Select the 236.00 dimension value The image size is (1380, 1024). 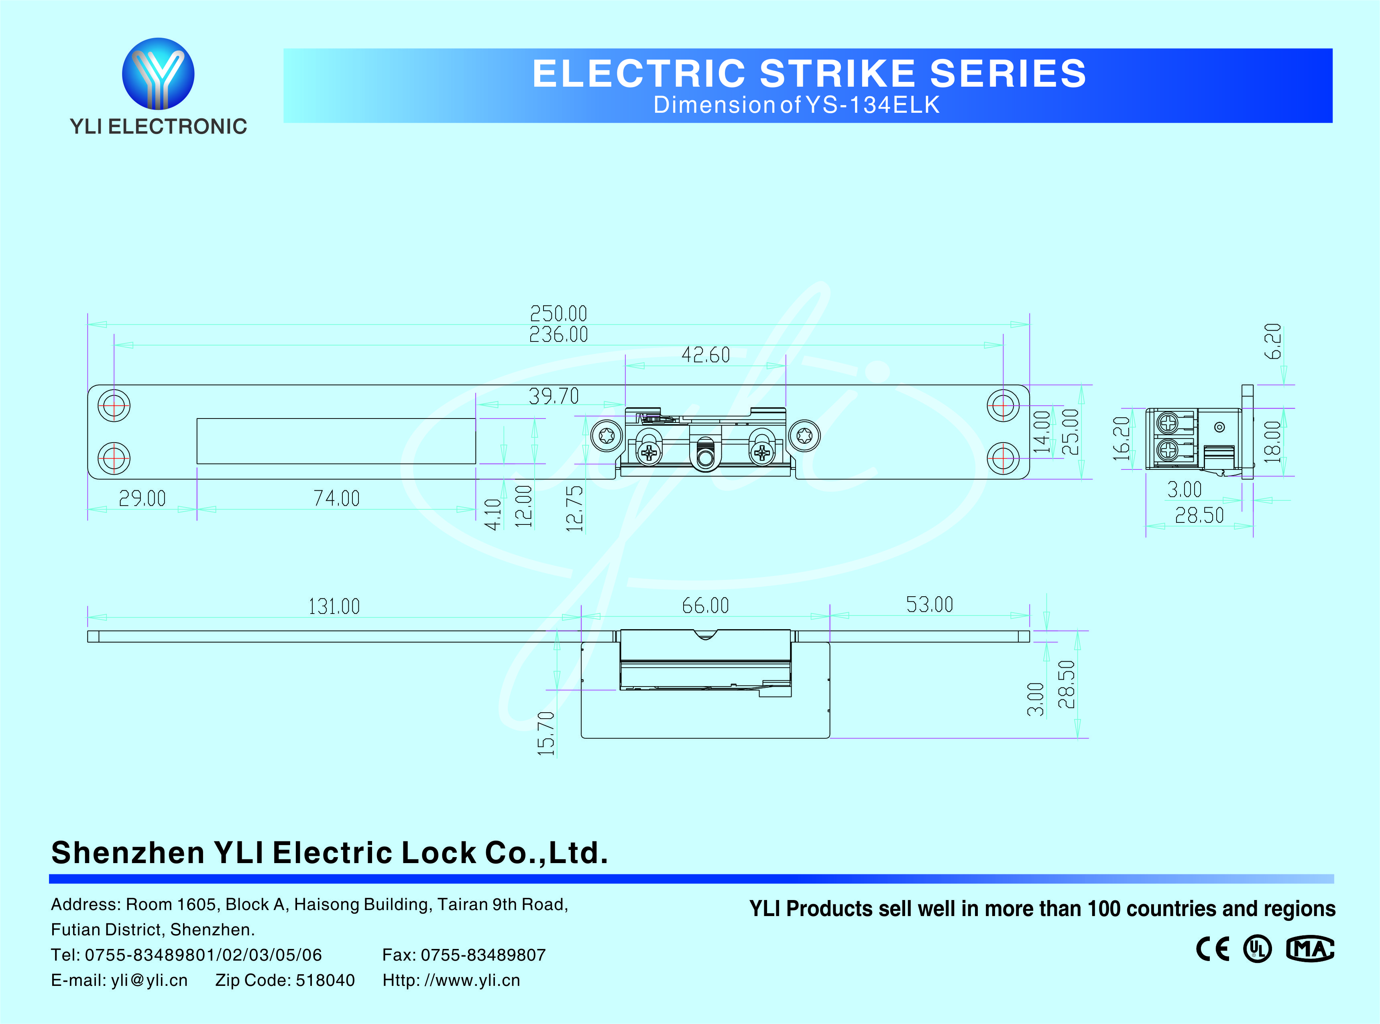tap(558, 335)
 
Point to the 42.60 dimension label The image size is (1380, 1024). tap(706, 355)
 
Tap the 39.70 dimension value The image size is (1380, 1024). tap(554, 396)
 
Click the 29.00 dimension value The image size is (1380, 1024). tap(142, 498)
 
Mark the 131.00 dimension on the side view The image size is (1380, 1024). tap(334, 606)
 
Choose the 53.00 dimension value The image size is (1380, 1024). tap(929, 604)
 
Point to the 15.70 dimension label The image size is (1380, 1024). tap(545, 733)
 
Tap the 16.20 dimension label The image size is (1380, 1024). tap(1121, 439)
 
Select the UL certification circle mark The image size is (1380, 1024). tap(1257, 949)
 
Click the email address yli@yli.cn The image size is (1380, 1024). tap(149, 980)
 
